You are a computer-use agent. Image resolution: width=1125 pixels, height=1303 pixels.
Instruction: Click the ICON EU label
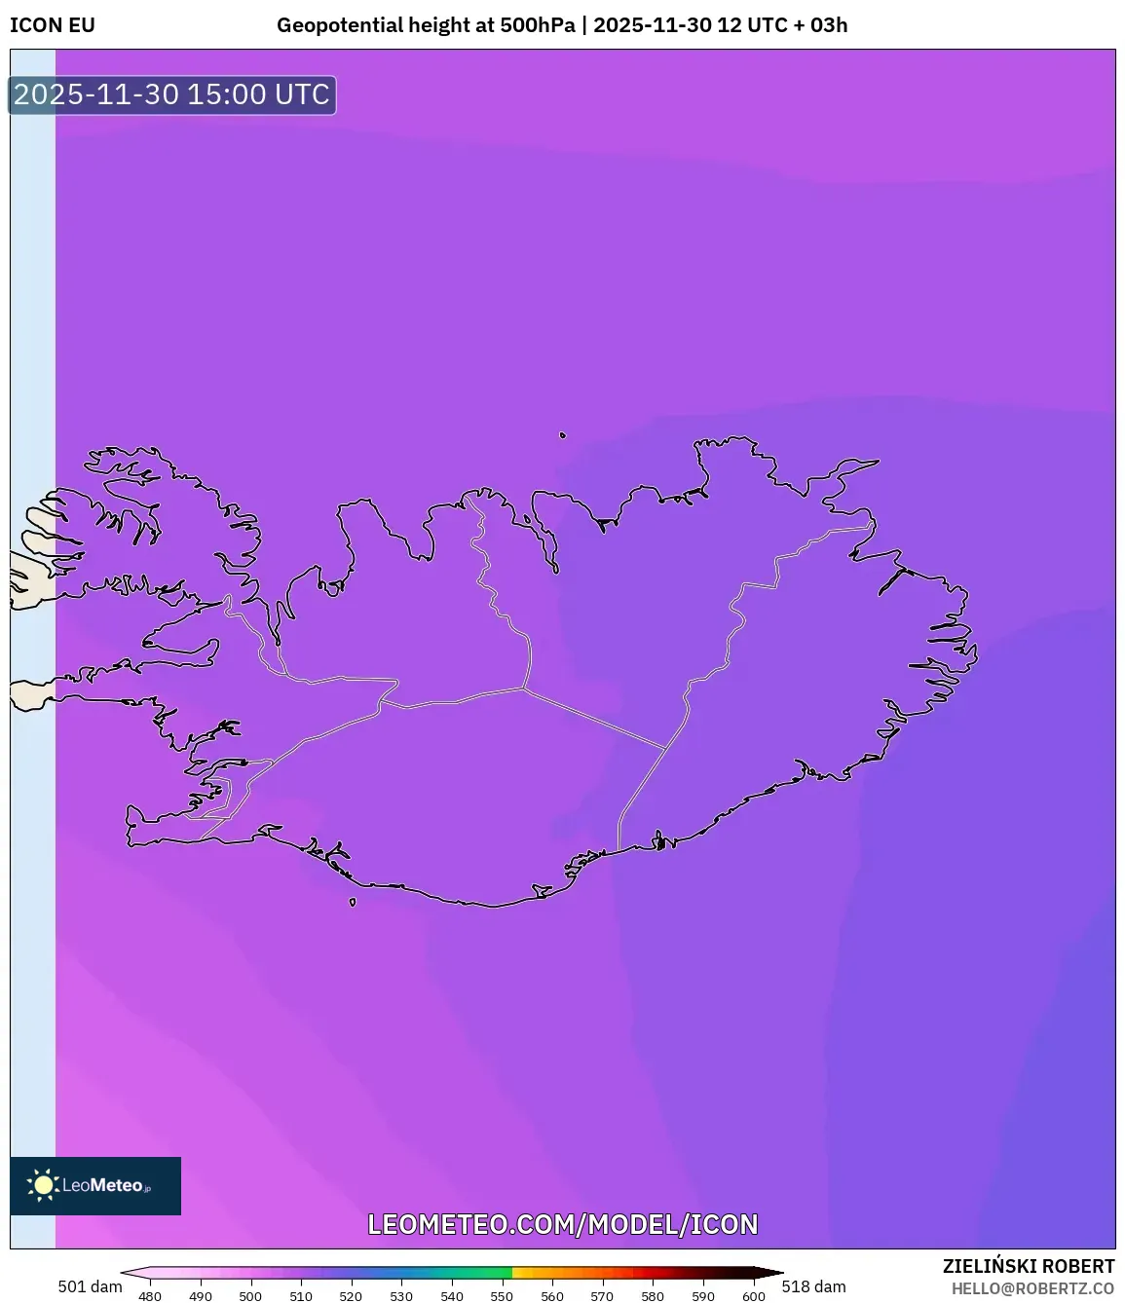[x=53, y=25]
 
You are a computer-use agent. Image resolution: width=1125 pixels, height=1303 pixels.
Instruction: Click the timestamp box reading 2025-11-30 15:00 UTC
[x=171, y=94]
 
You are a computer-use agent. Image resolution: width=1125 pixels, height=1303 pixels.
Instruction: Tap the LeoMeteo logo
[x=95, y=1185]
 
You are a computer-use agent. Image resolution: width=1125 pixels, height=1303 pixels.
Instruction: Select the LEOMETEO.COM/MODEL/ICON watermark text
[x=562, y=1224]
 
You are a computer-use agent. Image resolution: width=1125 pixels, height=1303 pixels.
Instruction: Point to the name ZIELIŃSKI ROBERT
[x=1028, y=1266]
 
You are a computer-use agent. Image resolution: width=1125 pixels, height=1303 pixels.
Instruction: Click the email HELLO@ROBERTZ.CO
[x=1031, y=1288]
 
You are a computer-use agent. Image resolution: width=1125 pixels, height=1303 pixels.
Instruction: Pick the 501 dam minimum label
[x=90, y=1286]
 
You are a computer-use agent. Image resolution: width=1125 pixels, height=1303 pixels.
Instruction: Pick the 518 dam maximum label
[x=813, y=1286]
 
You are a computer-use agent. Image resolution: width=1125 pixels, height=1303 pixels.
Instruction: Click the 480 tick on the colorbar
[x=150, y=1296]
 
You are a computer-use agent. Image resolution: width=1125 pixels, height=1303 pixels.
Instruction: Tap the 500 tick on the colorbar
[x=250, y=1296]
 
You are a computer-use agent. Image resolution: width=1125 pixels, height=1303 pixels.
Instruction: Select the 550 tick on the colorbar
[x=502, y=1296]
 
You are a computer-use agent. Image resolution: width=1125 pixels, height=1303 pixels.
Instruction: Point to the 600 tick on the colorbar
[x=753, y=1296]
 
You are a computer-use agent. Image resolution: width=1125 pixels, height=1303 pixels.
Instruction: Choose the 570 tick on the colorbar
[x=602, y=1296]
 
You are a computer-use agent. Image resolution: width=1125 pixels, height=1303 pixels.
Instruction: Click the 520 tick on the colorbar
[x=351, y=1296]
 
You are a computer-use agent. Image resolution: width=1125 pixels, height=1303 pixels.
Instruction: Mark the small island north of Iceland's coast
[x=562, y=435]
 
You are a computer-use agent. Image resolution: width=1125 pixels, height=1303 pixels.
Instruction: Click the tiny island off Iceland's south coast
[x=353, y=902]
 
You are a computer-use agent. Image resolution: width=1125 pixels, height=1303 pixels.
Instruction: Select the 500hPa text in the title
[x=537, y=25]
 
